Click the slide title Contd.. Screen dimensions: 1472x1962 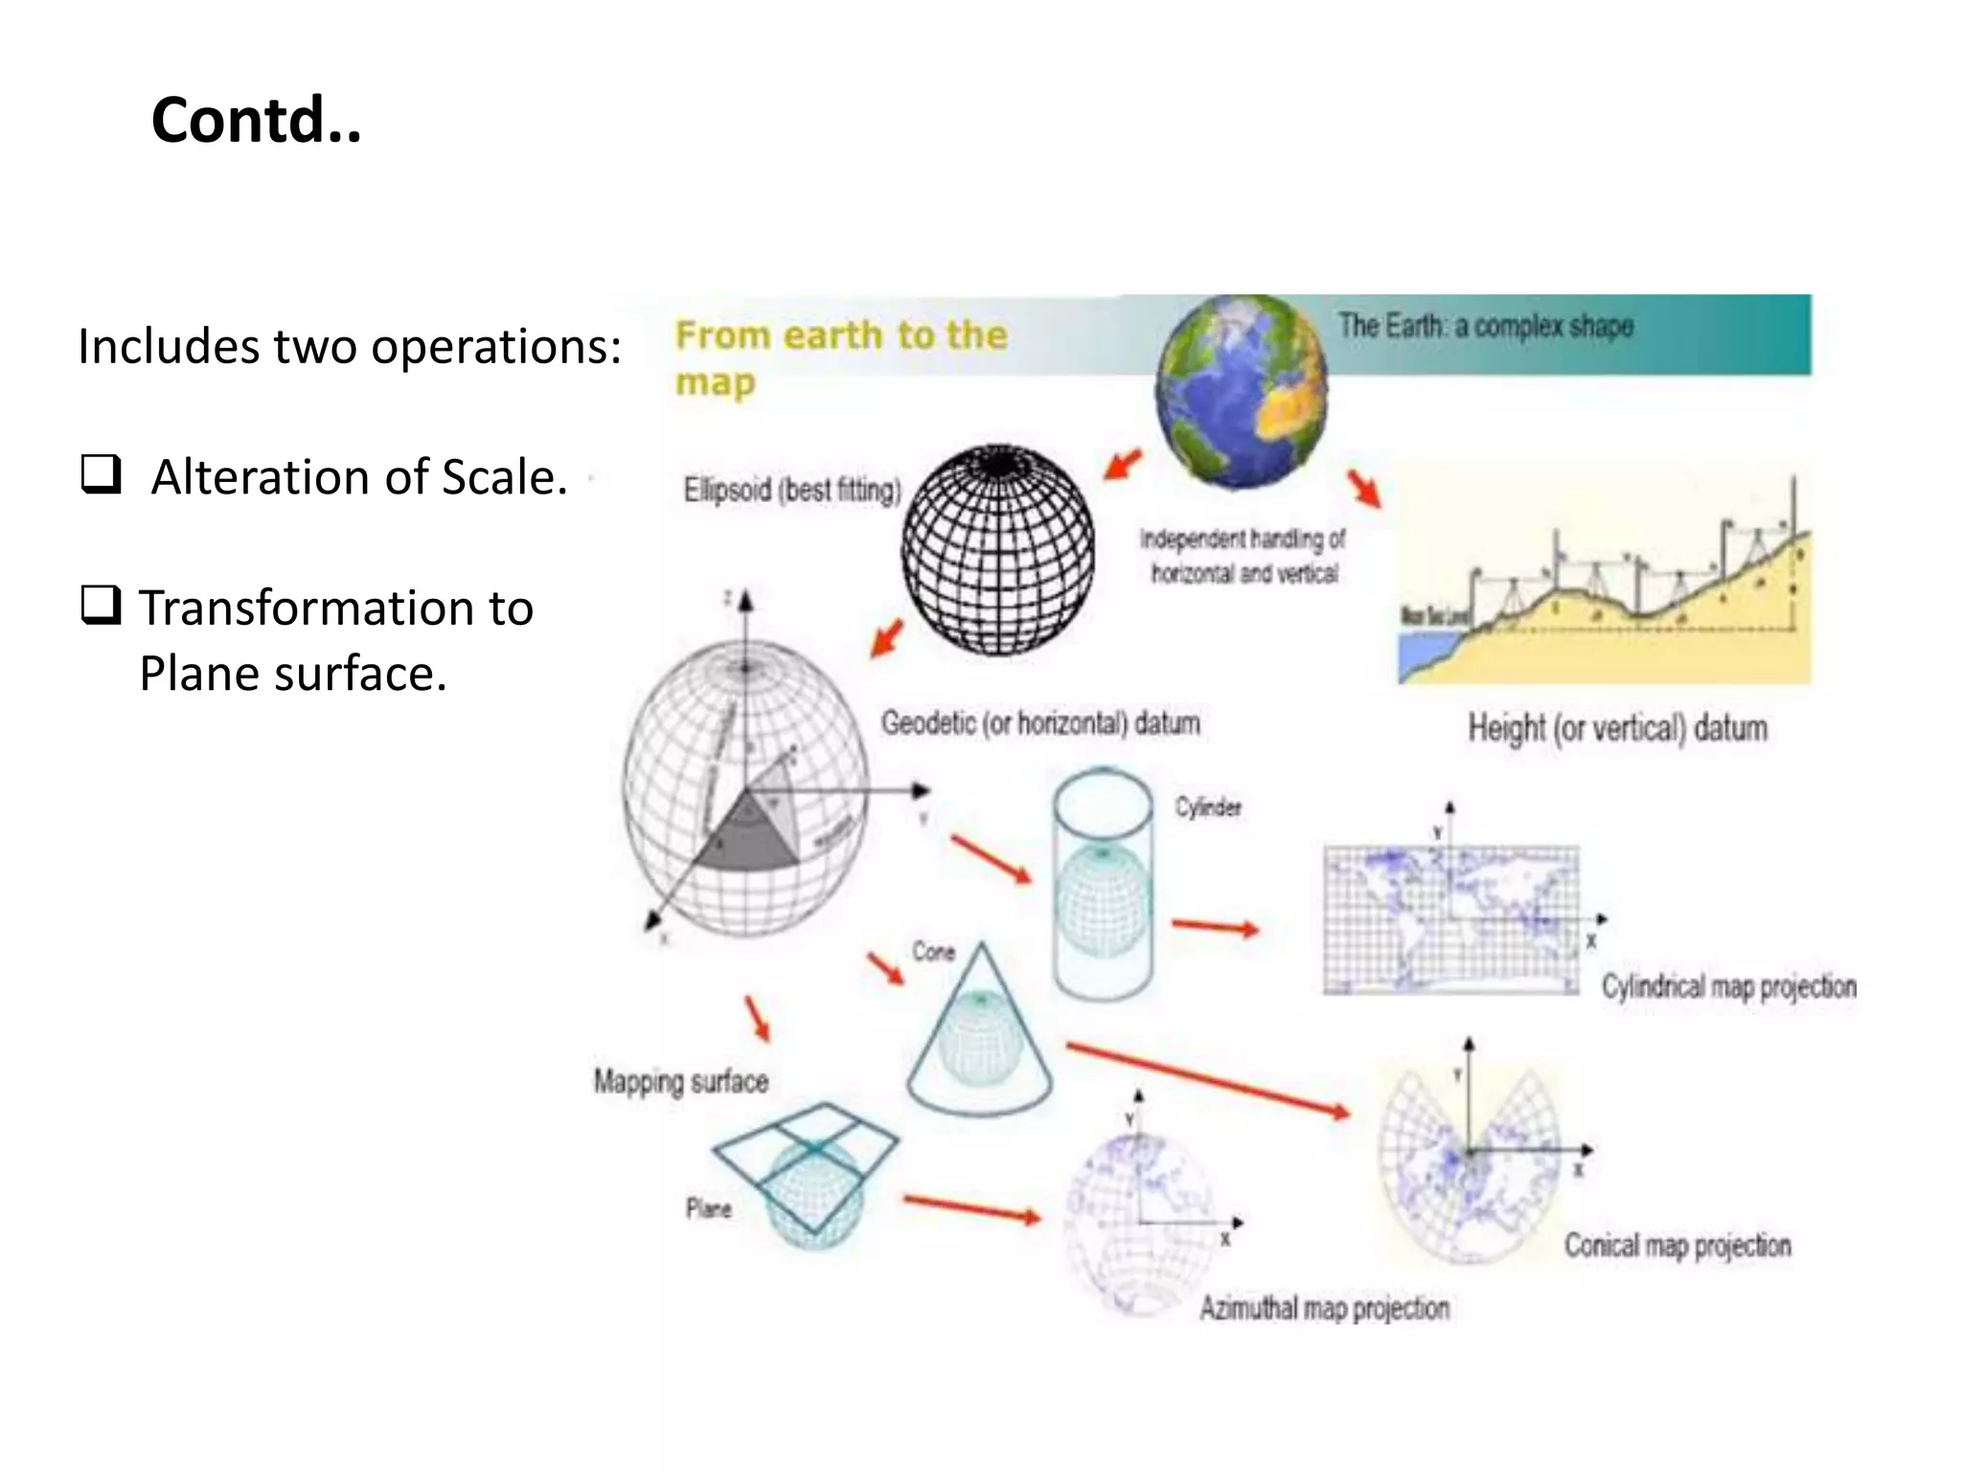click(256, 121)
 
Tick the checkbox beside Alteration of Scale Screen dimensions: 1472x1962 click(101, 474)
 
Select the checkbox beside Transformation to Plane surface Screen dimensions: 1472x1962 click(101, 606)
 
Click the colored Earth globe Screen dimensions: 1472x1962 click(1242, 391)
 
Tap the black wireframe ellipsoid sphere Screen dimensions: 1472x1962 click(998, 550)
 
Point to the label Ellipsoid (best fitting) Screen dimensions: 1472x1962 click(792, 490)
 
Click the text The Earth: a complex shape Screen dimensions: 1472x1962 click(1486, 327)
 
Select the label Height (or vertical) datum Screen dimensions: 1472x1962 click(1617, 727)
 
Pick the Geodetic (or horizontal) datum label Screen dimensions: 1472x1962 click(1040, 723)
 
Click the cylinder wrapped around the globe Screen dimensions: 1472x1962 click(1103, 885)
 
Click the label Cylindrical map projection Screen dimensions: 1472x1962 click(1728, 986)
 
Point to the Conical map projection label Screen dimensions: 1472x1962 click(1677, 1245)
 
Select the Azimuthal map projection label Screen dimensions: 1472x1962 click(1324, 1307)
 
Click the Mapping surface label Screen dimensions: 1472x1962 click(681, 1081)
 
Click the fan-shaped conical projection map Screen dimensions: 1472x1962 click(1468, 1160)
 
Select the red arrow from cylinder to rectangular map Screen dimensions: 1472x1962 click(1215, 927)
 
